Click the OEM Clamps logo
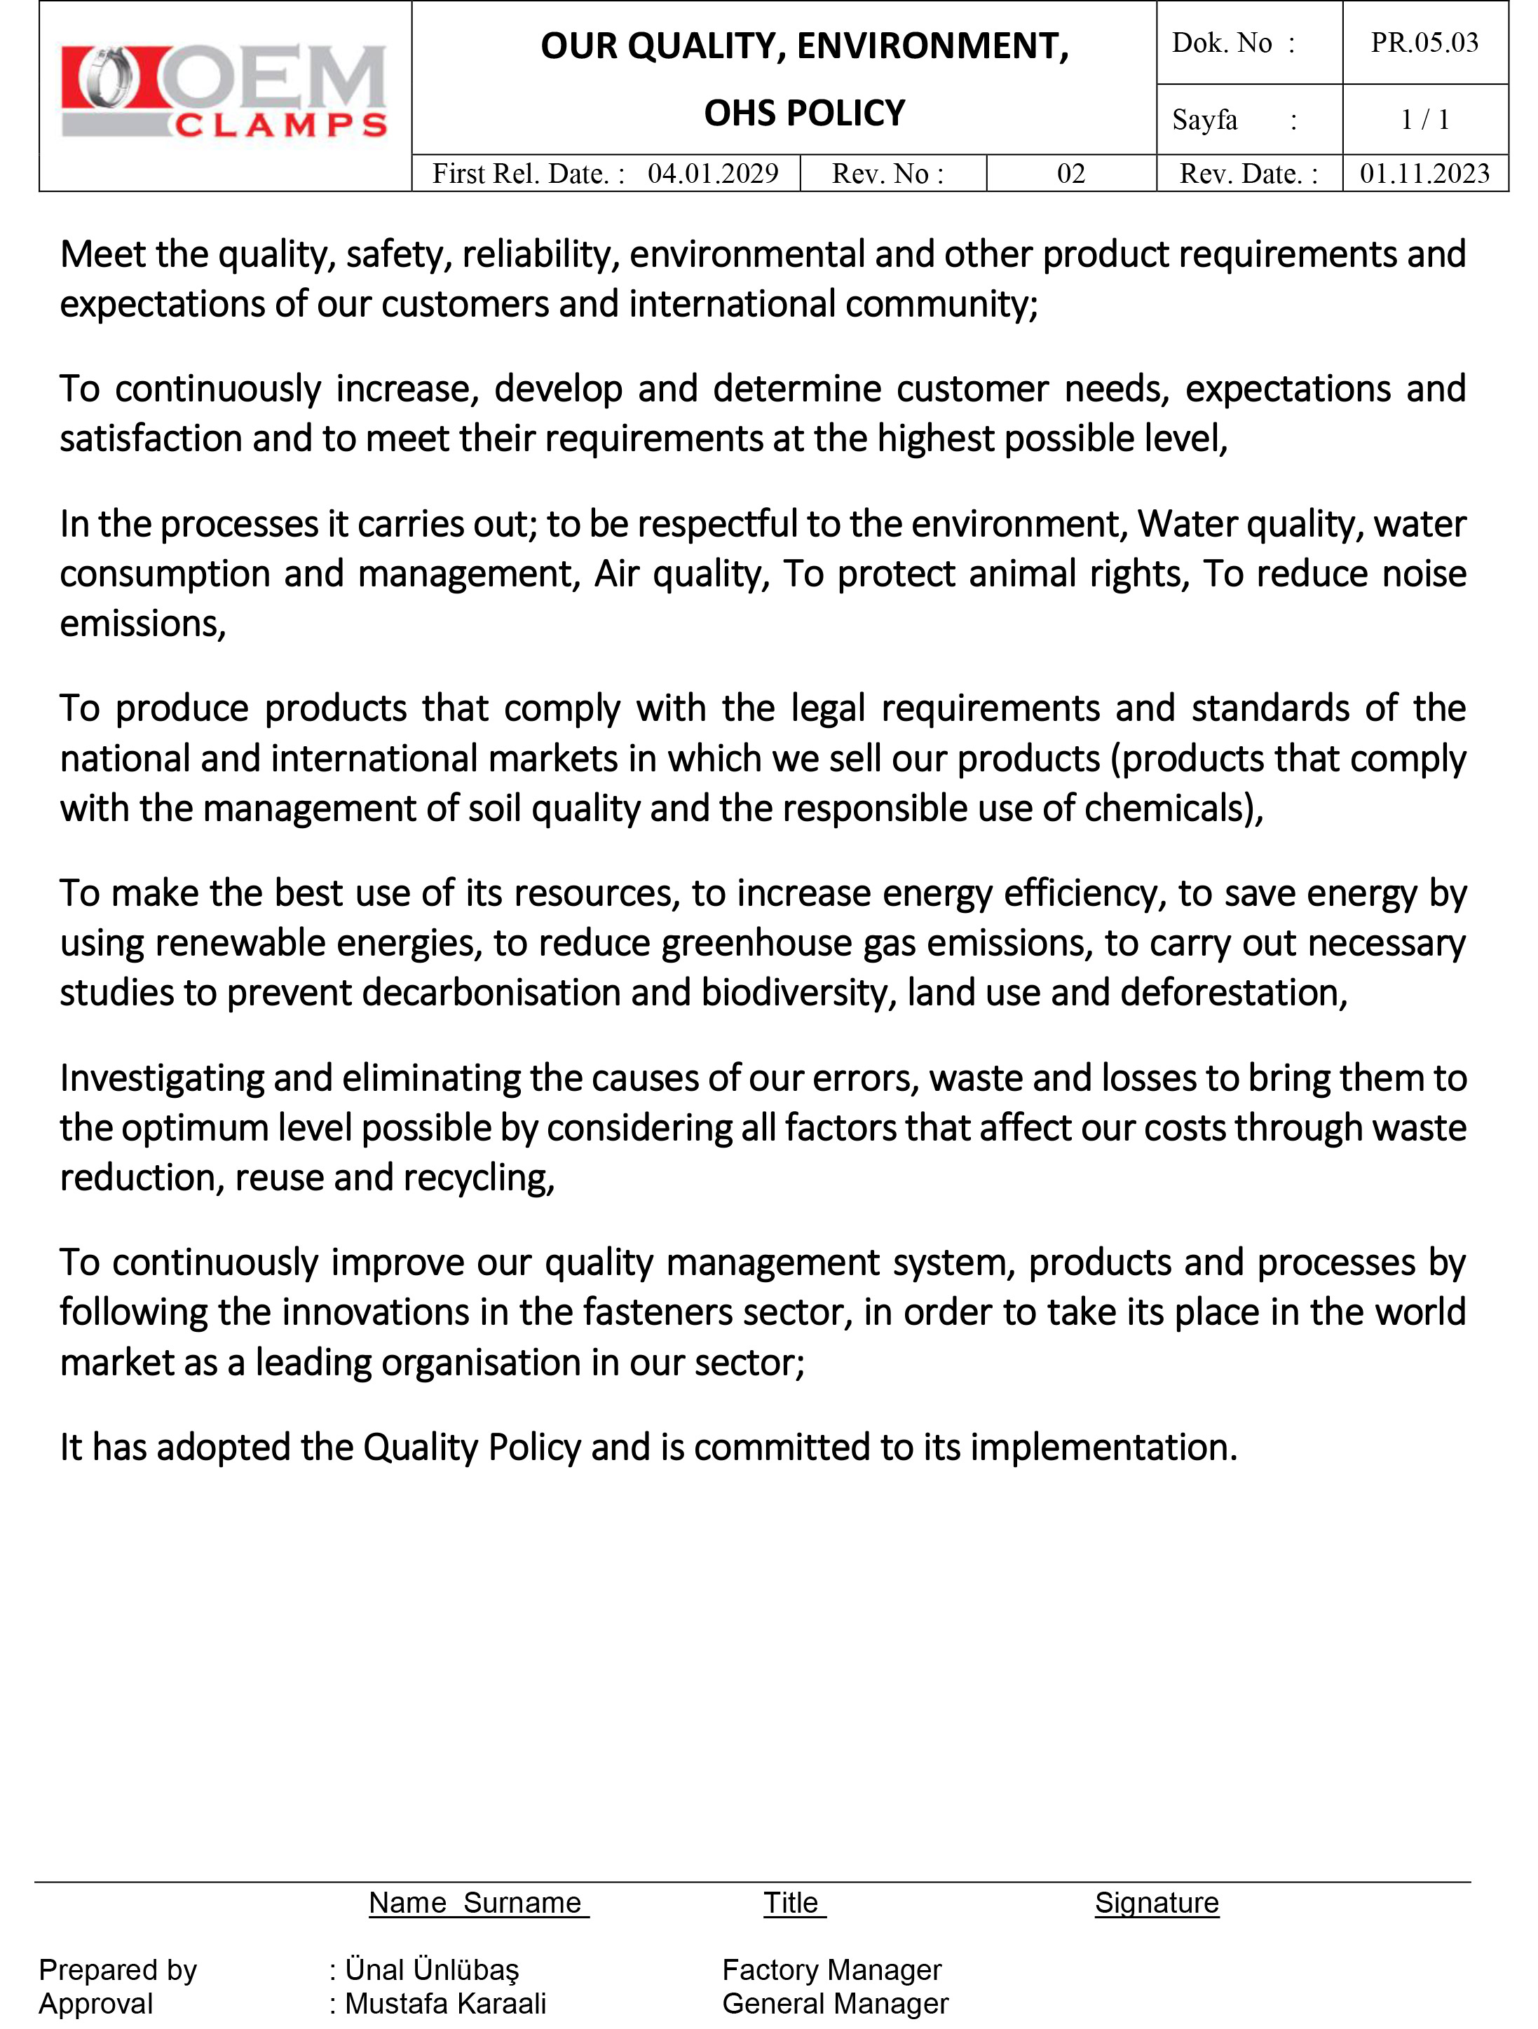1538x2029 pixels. coord(224,92)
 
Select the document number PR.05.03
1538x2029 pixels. coord(1424,43)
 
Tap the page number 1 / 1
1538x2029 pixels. coord(1424,119)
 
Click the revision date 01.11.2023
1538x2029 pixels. coord(1424,173)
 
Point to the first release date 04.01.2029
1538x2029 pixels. coord(713,173)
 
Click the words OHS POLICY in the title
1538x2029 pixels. coord(804,113)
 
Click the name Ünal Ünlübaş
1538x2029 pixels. coord(431,1969)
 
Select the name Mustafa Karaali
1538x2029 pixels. coord(445,2003)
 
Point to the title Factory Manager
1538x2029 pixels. coord(831,1969)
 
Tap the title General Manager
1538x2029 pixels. coord(835,2003)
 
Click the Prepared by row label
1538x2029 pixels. coord(118,1969)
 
